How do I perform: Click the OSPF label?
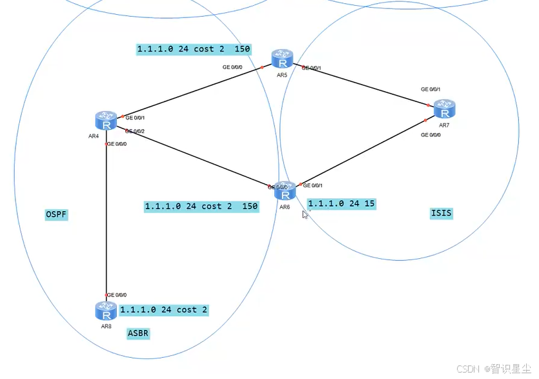[x=56, y=215]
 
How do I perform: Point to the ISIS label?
[x=442, y=213]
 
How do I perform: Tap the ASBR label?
[x=138, y=334]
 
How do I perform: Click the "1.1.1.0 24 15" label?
[x=341, y=203]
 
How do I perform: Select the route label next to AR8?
[x=164, y=310]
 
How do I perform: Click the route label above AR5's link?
[x=193, y=49]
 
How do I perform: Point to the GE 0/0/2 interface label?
[x=135, y=131]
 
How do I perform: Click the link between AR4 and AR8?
[x=106, y=220]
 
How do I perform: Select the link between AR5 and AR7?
[x=361, y=84]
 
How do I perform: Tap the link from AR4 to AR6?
[x=194, y=158]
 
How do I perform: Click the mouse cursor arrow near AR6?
[x=305, y=214]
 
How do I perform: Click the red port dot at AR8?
[x=106, y=294]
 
